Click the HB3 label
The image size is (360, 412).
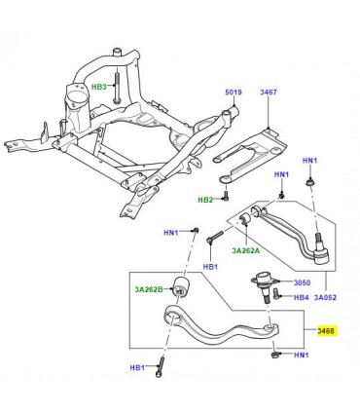pos(99,87)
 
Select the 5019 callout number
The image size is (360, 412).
pos(234,94)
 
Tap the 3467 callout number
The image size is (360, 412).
pos(269,94)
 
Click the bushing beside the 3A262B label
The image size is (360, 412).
pos(180,287)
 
